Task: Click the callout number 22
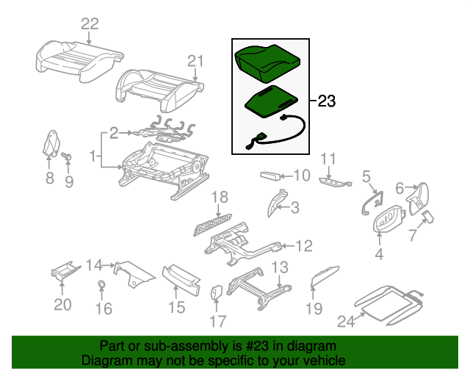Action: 89,24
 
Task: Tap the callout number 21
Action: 194,60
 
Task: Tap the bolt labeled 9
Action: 66,156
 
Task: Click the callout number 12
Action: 304,246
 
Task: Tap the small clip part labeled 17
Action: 217,293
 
